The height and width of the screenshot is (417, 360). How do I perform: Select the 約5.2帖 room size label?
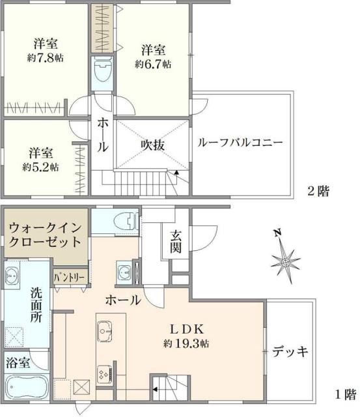point(40,167)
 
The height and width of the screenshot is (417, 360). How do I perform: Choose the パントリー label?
point(68,276)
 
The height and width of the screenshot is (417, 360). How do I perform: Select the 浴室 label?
point(18,363)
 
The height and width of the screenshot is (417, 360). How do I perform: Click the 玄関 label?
point(176,242)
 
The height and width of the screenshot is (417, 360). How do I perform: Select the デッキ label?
point(290,351)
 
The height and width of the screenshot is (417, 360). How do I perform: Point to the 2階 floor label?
point(318,192)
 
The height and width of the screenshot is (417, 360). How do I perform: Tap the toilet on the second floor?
point(103,72)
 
